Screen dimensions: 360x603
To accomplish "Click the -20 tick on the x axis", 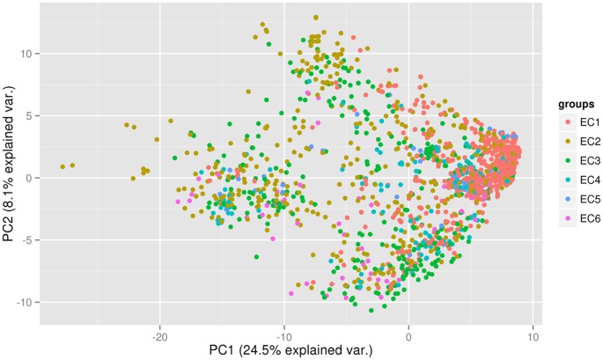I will pyautogui.click(x=159, y=335).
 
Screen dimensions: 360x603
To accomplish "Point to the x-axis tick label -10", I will pyautogui.click(x=283, y=335).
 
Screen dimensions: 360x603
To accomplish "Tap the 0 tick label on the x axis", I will pyautogui.click(x=408, y=335).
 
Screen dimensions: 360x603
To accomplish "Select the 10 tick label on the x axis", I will pyautogui.click(x=532, y=335).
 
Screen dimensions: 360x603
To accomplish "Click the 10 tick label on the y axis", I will pyautogui.click(x=29, y=53).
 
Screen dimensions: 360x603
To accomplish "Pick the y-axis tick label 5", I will pyautogui.click(x=32, y=115).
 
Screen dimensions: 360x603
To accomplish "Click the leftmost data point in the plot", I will pyautogui.click(x=63, y=166).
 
